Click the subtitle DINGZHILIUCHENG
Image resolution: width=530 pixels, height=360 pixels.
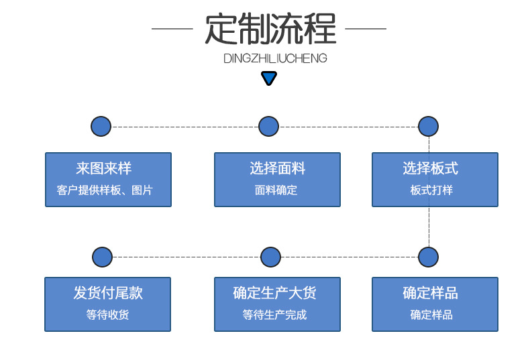(275, 58)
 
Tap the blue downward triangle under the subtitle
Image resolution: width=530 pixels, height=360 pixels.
(269, 79)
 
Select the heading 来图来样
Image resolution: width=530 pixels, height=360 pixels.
(108, 169)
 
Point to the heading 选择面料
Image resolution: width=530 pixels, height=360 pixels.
(277, 169)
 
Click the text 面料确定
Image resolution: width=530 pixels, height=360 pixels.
(276, 190)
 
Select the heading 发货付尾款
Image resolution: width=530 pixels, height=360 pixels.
(108, 294)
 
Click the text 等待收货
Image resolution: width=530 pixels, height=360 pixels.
(108, 315)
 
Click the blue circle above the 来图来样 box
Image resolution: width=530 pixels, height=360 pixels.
(101, 126)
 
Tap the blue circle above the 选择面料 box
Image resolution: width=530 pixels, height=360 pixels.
(268, 126)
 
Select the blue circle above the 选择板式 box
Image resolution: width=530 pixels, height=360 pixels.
(428, 126)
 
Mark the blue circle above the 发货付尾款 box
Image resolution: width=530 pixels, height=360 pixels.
(102, 257)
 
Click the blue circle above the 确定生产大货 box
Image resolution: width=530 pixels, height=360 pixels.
(270, 257)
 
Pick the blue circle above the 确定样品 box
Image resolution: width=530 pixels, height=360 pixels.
(428, 257)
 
